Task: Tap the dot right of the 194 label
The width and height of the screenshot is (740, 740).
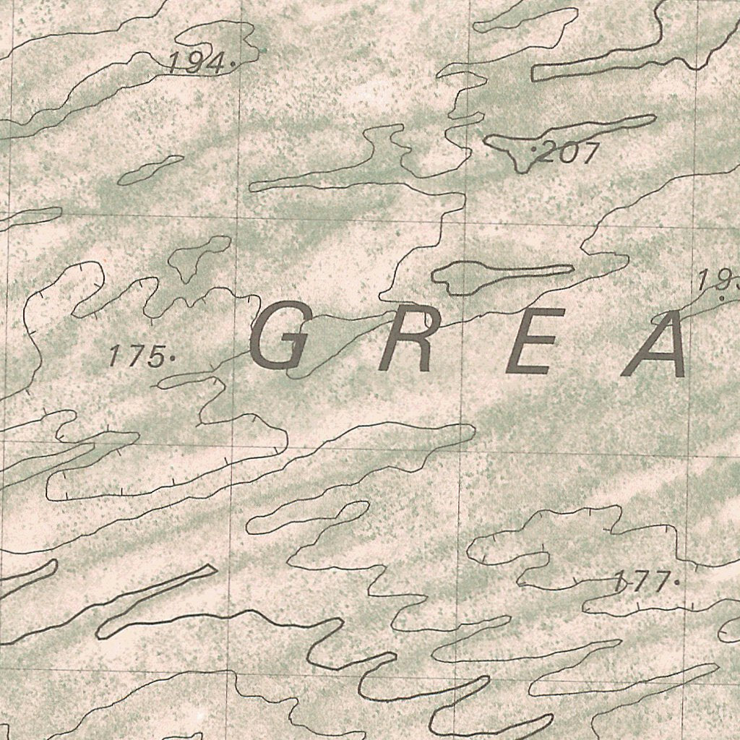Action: (x=231, y=64)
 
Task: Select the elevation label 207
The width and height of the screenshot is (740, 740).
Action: (x=570, y=152)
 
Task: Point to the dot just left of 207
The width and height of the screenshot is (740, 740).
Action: (x=534, y=148)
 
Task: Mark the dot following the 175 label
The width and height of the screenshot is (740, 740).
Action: (x=172, y=357)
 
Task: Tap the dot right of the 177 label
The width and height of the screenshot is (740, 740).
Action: (x=676, y=580)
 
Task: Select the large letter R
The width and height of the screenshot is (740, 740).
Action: (x=408, y=340)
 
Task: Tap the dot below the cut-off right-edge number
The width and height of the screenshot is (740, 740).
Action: (x=722, y=296)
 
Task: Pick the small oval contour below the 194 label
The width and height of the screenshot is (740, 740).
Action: (x=150, y=170)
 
